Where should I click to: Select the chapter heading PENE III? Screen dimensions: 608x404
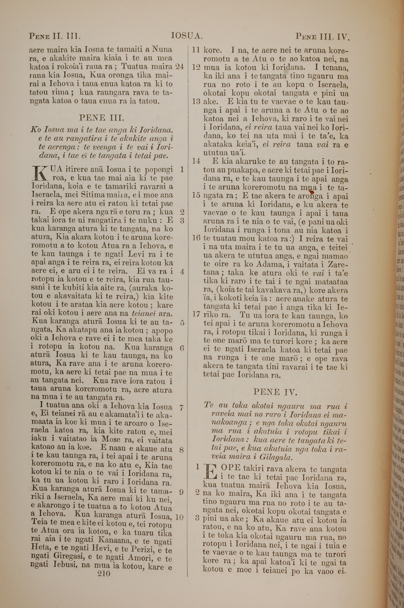102,118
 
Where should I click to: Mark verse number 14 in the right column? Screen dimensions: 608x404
196,161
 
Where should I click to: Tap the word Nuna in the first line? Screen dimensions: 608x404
162,49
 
